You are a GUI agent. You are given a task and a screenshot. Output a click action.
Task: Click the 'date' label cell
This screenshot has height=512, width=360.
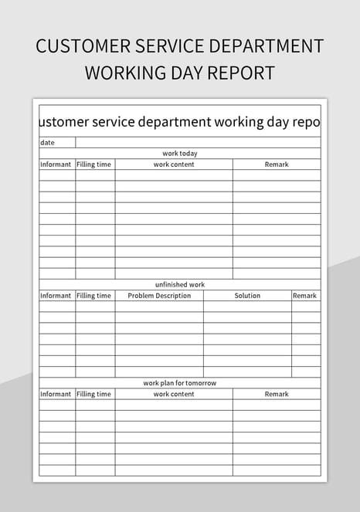(x=48, y=142)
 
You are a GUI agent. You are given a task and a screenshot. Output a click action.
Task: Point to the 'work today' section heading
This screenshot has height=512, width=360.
(x=179, y=154)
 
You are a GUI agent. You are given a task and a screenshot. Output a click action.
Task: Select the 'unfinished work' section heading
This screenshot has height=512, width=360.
(x=179, y=284)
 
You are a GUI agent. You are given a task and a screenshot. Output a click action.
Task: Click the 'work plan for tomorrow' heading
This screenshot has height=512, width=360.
(x=179, y=383)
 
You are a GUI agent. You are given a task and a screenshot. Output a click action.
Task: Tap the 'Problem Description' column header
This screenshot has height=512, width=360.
(x=159, y=296)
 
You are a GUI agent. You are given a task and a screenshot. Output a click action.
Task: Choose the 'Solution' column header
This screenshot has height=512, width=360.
(x=247, y=296)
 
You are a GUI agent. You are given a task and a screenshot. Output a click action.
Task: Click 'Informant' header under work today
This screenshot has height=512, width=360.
(x=56, y=164)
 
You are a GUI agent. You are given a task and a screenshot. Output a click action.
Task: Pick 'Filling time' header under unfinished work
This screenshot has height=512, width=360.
(x=94, y=296)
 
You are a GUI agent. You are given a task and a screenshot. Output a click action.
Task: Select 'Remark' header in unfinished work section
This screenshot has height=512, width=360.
(x=305, y=296)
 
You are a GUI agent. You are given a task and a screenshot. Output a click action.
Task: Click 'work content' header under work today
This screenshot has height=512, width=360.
(x=174, y=164)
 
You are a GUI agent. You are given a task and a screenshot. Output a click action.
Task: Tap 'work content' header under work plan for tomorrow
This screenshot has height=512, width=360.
(x=174, y=394)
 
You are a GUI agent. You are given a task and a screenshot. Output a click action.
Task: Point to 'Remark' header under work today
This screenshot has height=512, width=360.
(x=277, y=164)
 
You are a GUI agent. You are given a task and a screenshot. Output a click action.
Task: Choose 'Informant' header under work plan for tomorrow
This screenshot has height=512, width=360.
(x=56, y=394)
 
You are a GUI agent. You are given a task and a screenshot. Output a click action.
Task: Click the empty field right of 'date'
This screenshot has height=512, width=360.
(x=198, y=142)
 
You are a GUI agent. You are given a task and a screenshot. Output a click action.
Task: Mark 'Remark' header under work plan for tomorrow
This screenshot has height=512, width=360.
(x=277, y=394)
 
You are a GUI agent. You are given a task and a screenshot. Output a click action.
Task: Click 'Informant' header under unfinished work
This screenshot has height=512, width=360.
(x=56, y=296)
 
